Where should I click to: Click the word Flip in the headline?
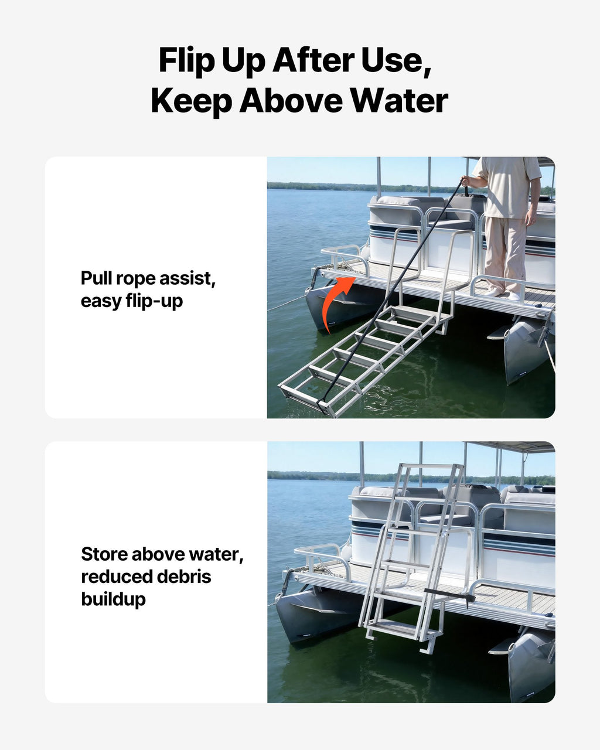(x=186, y=60)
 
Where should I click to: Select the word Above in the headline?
(x=291, y=101)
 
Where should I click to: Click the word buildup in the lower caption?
(x=113, y=599)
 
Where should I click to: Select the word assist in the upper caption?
(x=187, y=279)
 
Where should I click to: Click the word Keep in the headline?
(x=191, y=101)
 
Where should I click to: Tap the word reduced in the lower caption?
(x=117, y=577)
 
